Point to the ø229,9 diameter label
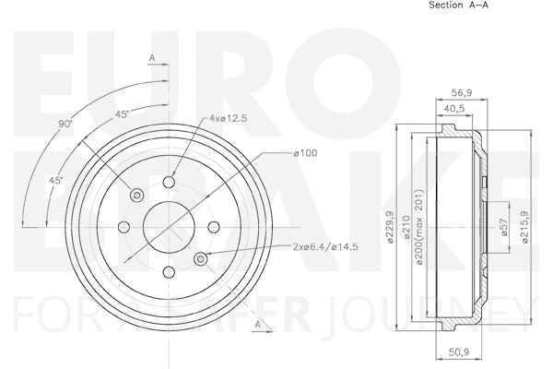[392, 227]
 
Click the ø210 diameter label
[406, 227]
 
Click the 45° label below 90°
[56, 181]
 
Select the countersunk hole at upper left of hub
[137, 194]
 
